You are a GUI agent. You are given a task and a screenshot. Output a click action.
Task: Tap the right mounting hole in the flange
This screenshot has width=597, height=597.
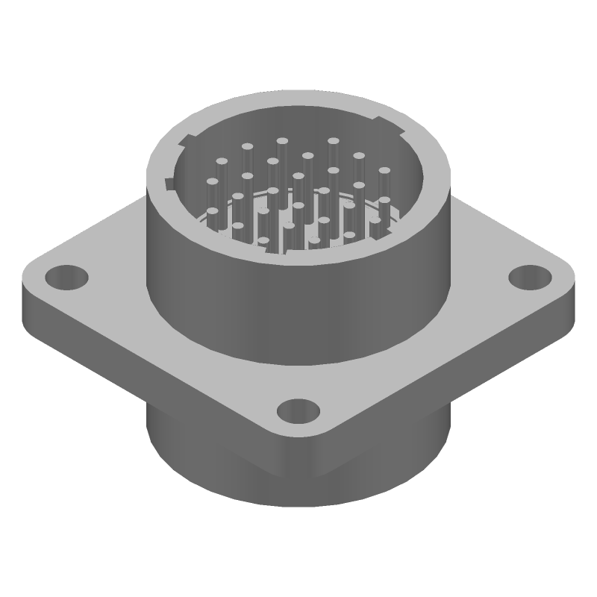click(529, 276)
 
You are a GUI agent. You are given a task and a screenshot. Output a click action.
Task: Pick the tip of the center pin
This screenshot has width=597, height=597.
click(298, 176)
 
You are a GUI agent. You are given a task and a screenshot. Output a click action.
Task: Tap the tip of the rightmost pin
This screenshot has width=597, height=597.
click(384, 171)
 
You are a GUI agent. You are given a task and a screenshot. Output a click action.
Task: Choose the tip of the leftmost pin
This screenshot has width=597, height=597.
click(213, 181)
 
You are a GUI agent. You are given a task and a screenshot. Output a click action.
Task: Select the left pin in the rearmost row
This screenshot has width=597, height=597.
click(282, 140)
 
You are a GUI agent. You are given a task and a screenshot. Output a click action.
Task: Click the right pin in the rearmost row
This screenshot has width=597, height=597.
click(333, 140)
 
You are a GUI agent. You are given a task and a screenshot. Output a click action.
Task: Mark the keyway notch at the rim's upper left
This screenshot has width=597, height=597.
click(189, 139)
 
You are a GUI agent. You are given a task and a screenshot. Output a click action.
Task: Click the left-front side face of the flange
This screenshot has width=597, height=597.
click(149, 373)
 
